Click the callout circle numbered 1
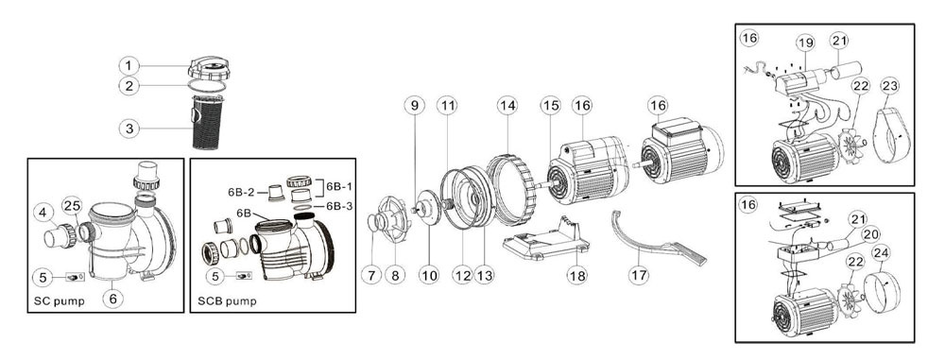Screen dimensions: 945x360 (129, 65)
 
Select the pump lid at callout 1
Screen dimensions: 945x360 (209, 67)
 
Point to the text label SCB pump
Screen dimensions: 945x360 (227, 300)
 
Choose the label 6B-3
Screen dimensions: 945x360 (339, 206)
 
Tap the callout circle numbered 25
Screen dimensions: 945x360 (72, 206)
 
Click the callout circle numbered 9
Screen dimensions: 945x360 (414, 106)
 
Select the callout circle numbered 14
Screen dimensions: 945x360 (507, 106)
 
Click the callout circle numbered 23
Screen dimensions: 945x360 (889, 86)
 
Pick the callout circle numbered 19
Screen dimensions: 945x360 (805, 43)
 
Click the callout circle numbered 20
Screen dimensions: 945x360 (869, 235)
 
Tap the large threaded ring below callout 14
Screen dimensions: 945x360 (510, 189)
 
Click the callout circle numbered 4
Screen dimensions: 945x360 (43, 213)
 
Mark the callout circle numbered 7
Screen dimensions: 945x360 (370, 276)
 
